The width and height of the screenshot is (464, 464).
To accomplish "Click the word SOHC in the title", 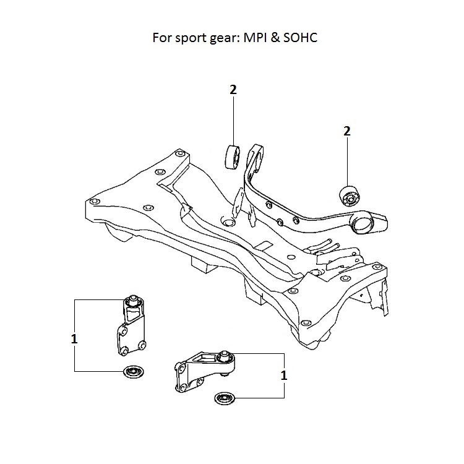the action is coord(300,38).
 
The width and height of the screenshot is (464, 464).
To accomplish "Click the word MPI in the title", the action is coord(255,38).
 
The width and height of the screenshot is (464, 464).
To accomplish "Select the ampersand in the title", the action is coord(275,38).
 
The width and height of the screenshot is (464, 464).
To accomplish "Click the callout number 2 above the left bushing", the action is coord(233,90).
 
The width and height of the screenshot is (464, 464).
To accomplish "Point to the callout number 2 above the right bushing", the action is coord(347,131).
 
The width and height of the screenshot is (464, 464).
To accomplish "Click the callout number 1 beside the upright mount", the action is coord(74,339).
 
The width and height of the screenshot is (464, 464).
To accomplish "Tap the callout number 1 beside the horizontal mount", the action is coord(284,376).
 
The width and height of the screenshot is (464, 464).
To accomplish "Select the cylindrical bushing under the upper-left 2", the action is coord(233,157).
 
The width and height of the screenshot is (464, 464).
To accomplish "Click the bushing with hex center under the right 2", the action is coord(350,197).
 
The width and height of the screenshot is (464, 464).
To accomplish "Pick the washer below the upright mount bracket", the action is coord(134,371).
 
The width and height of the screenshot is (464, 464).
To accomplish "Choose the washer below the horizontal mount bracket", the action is coord(225,398).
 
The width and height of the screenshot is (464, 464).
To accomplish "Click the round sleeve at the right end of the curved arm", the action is coord(362,224).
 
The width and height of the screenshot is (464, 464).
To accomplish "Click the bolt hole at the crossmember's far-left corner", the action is coord(95,202).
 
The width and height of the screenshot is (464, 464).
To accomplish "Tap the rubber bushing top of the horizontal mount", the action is coord(225,357).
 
